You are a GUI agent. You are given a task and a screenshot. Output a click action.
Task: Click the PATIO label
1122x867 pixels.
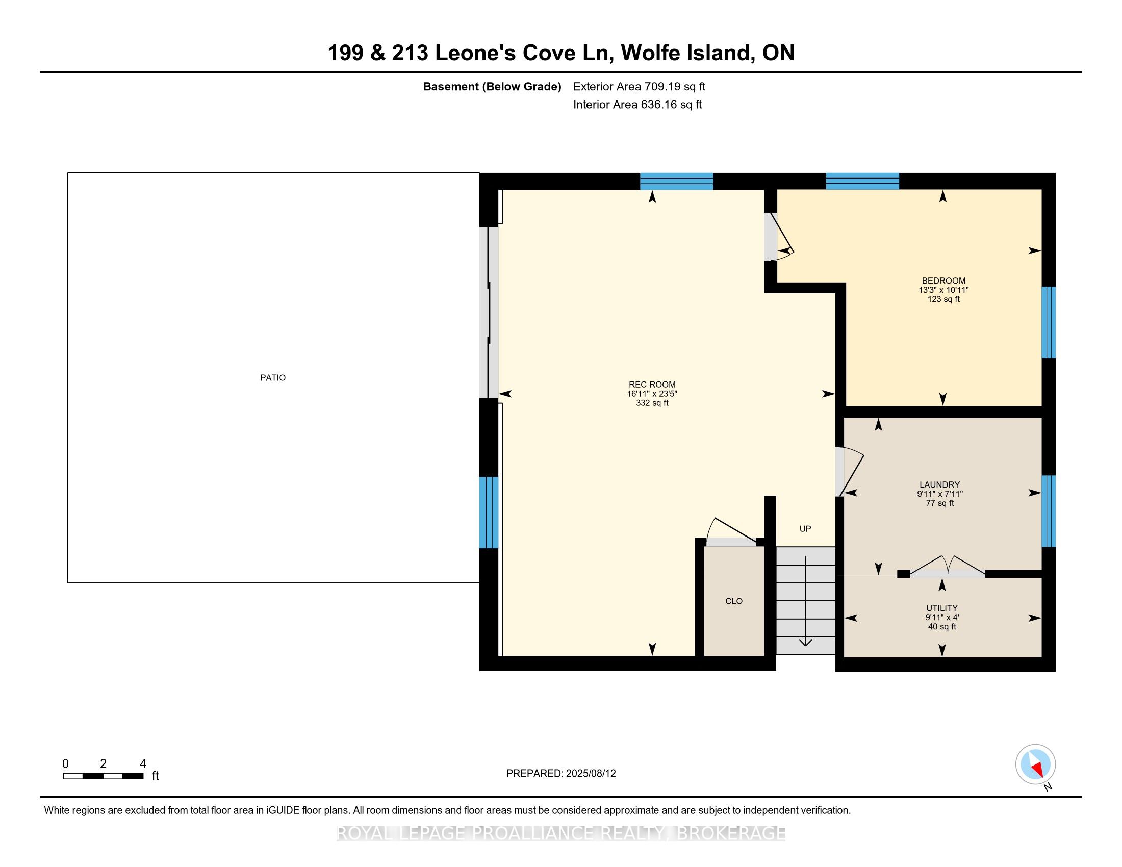point(273,377)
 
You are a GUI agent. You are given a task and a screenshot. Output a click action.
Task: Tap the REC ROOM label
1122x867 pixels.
point(652,384)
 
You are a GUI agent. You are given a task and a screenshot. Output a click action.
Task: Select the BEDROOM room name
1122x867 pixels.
point(943,280)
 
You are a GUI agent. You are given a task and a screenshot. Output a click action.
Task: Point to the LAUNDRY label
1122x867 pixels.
point(939,484)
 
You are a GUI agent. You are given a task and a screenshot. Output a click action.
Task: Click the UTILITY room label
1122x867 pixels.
point(941,607)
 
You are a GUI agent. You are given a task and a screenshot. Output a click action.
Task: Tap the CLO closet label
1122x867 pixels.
point(733,601)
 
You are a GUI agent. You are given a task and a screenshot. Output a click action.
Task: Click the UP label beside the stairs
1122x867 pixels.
point(805,528)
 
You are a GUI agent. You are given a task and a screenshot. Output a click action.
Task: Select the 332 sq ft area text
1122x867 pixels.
point(652,403)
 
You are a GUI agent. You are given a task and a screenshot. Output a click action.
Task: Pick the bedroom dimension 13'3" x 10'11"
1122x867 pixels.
point(943,290)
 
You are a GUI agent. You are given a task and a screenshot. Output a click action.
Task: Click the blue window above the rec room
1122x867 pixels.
point(676,182)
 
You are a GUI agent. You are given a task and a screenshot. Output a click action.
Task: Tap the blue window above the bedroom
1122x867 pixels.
point(862,182)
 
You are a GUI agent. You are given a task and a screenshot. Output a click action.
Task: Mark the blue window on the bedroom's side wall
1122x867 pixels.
point(1048,322)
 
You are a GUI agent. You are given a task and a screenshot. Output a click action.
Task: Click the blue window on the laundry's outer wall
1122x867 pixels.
point(1048,511)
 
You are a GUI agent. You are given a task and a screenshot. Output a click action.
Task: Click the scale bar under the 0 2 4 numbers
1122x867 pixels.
point(103,776)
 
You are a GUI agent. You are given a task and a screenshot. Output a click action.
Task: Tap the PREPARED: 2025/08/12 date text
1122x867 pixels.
point(561,773)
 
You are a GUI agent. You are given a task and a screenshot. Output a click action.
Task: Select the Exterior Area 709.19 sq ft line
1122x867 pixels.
point(639,86)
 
